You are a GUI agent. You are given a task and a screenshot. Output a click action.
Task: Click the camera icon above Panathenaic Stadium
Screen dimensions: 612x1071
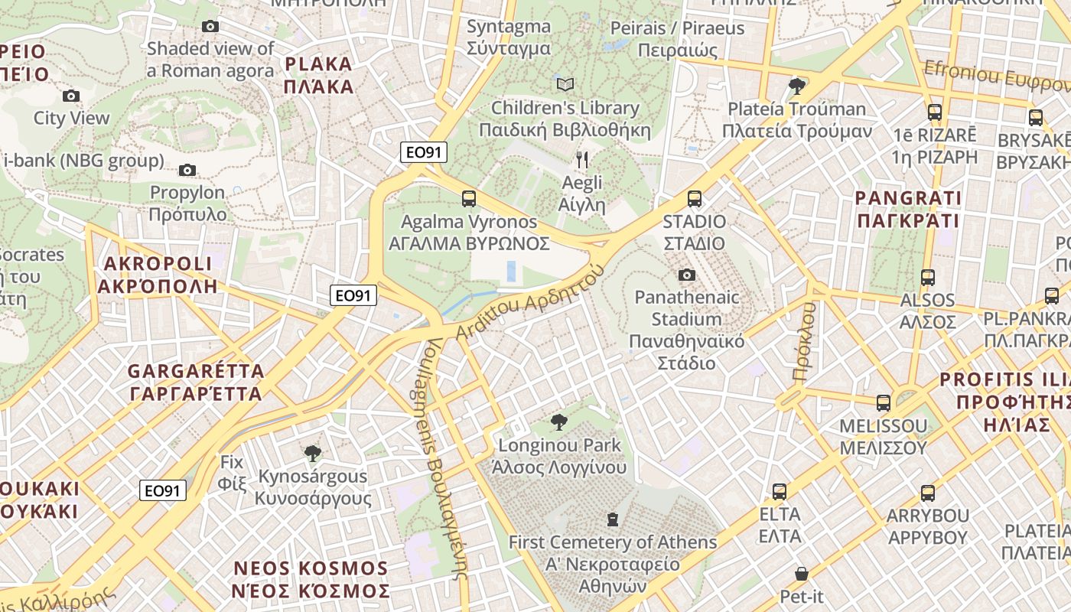tap(687, 275)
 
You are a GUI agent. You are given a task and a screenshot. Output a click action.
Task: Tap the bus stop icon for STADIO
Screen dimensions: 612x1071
tap(695, 199)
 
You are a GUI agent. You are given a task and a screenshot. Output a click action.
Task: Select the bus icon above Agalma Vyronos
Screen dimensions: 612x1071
tap(469, 199)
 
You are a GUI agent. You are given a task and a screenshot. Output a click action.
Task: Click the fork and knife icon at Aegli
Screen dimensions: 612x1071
tap(582, 160)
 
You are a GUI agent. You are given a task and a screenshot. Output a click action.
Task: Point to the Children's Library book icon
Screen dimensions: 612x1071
tap(565, 84)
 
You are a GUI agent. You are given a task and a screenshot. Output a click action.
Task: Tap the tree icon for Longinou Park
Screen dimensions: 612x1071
tap(559, 422)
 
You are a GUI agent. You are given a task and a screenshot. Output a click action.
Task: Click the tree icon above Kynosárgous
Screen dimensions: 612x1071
tap(312, 454)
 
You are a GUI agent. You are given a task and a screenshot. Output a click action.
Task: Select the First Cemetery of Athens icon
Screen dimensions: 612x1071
tap(612, 520)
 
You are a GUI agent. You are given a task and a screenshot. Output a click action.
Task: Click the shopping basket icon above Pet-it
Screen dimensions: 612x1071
tap(801, 574)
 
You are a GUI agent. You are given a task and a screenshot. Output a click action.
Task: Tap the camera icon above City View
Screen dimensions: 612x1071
tap(71, 96)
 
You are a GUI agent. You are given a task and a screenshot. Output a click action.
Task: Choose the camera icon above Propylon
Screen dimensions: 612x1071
tap(187, 170)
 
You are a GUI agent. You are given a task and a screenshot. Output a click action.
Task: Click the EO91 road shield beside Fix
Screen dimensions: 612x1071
tap(163, 490)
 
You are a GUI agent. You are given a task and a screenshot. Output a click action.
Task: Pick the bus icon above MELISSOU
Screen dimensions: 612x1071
tap(884, 402)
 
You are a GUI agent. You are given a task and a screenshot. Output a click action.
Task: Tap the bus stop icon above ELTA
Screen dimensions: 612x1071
tap(780, 492)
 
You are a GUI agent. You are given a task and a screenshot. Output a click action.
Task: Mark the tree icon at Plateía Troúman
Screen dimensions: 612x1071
tap(797, 85)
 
